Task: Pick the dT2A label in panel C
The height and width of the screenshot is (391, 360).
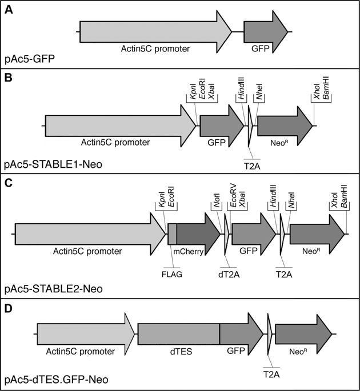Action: point(229,273)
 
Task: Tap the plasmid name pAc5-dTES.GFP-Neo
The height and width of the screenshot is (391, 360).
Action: point(54,378)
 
